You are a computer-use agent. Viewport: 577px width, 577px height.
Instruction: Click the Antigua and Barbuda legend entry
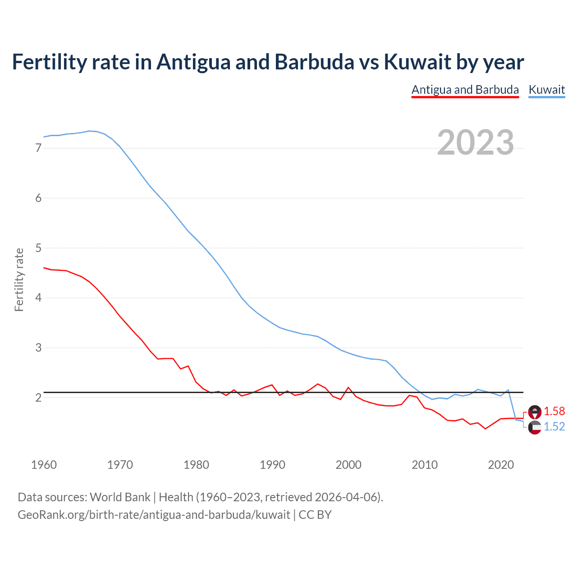coord(465,90)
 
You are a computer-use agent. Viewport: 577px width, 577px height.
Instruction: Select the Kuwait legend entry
coord(546,90)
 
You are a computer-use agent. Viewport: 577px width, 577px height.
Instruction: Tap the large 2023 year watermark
coord(476,142)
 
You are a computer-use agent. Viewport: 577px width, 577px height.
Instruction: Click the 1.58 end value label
coord(554,411)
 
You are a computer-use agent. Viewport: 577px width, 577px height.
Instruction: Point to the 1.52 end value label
coord(554,426)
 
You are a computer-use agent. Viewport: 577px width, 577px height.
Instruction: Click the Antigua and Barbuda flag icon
coord(535,412)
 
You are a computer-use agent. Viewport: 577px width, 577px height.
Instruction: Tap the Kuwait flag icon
coord(535,427)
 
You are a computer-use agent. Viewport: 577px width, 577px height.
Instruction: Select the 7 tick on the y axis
coord(38,148)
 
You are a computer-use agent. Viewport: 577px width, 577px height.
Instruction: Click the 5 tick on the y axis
coord(38,248)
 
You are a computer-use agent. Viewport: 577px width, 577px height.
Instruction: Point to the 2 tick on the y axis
coord(38,398)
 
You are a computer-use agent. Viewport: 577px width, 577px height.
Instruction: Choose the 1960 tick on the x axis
coord(44,465)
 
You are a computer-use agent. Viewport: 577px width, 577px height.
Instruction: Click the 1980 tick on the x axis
coord(196,465)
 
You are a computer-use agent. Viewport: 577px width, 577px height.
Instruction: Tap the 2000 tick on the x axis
coord(348,465)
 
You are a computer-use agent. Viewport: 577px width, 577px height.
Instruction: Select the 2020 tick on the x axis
coord(501,465)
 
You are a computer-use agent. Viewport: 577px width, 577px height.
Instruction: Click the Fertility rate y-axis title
coord(19,279)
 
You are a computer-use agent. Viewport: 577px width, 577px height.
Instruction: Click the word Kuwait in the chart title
coord(417,62)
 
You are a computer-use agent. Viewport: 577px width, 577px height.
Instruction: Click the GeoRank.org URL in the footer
coord(154,515)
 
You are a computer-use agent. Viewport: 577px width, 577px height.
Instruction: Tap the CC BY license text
coord(315,515)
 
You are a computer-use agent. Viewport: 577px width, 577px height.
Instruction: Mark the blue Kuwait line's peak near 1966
coord(89,131)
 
